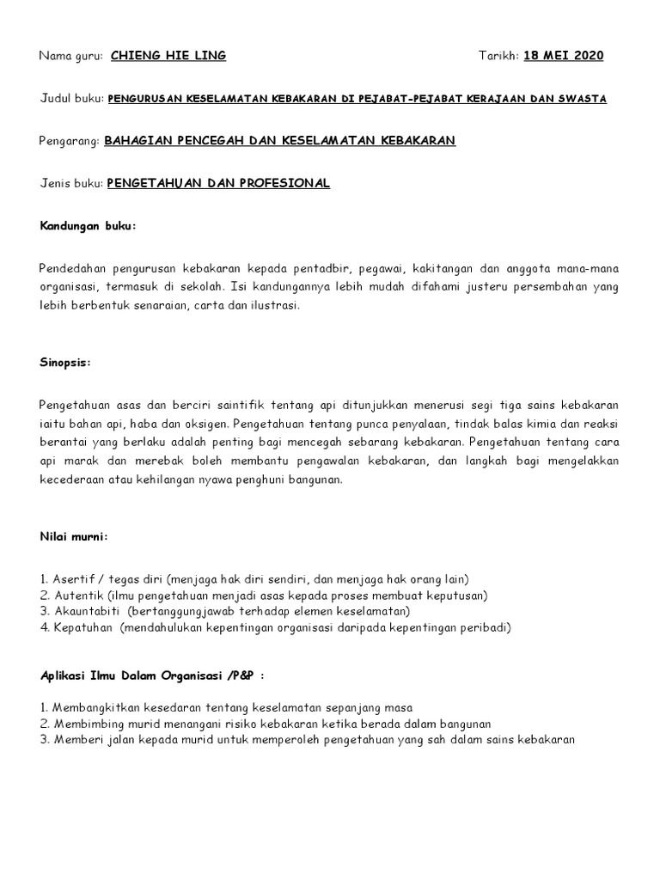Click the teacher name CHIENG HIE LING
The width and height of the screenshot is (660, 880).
(x=168, y=57)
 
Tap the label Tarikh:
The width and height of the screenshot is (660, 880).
(x=498, y=57)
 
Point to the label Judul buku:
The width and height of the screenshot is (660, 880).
(x=72, y=99)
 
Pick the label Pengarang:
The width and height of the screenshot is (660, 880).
(x=70, y=141)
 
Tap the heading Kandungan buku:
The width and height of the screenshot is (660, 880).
(x=89, y=225)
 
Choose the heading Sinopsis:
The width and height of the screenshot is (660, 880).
(x=64, y=363)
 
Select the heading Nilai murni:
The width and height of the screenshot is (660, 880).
(x=74, y=537)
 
